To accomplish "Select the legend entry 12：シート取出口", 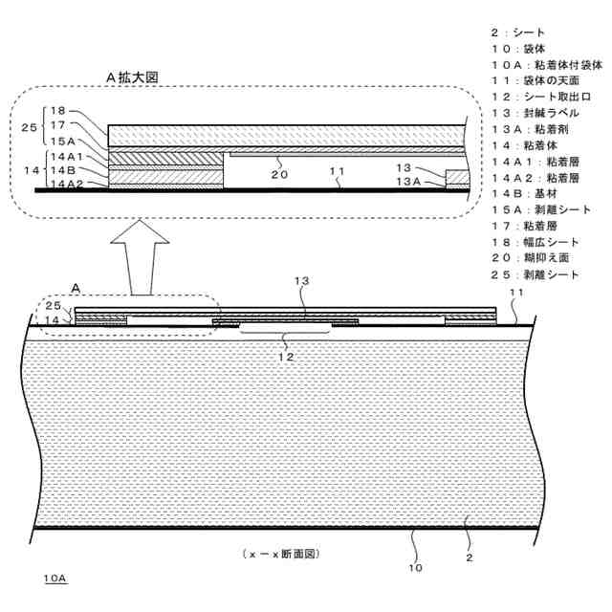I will [541, 98].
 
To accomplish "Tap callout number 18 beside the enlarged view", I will [58, 111].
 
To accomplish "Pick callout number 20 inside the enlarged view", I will [279, 175].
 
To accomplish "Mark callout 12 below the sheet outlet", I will [285, 356].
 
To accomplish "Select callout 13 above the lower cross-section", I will [303, 282].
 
